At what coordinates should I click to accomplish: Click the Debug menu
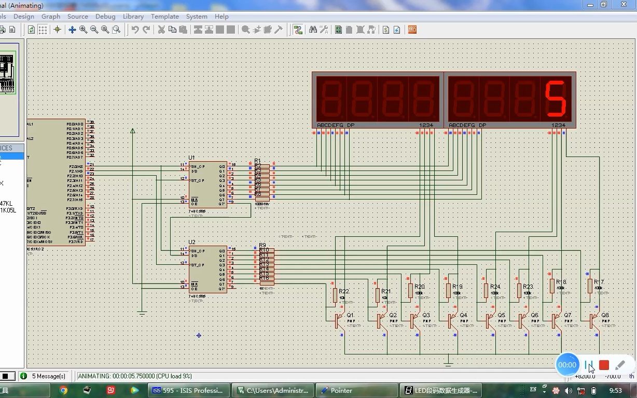click(105, 17)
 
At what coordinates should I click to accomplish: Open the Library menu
click(133, 17)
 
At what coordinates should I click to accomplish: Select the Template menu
click(165, 17)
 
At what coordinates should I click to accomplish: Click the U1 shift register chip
click(207, 184)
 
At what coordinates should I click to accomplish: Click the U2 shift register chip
click(207, 269)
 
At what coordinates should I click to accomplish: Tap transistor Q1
click(339, 321)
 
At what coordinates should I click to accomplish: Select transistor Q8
click(593, 321)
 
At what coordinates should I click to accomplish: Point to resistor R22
click(335, 295)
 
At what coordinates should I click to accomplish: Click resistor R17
click(590, 286)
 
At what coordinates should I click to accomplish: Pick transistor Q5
click(489, 321)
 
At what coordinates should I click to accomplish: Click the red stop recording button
click(604, 365)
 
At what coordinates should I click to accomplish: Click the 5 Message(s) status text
click(49, 376)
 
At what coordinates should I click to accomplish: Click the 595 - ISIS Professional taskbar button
click(188, 390)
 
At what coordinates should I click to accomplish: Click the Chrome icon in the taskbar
click(63, 390)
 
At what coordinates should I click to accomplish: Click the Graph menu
click(51, 17)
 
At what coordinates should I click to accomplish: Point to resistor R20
click(410, 290)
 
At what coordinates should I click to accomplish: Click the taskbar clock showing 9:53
click(616, 390)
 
